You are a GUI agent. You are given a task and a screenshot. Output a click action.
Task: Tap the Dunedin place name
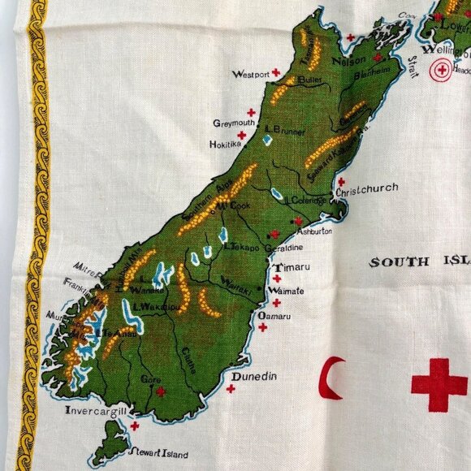(x=254, y=376)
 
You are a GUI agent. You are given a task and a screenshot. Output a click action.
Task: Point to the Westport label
(x=249, y=74)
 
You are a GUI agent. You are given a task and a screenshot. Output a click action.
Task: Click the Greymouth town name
(x=234, y=123)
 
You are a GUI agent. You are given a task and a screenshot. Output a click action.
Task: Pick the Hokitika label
(x=226, y=145)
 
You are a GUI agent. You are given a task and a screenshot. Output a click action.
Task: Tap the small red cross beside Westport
(x=276, y=72)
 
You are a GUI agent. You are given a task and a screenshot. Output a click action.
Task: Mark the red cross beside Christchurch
(x=341, y=182)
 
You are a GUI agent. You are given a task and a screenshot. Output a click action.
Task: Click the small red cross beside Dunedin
(x=231, y=388)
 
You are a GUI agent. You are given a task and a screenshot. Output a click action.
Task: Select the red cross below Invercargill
(x=134, y=425)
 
